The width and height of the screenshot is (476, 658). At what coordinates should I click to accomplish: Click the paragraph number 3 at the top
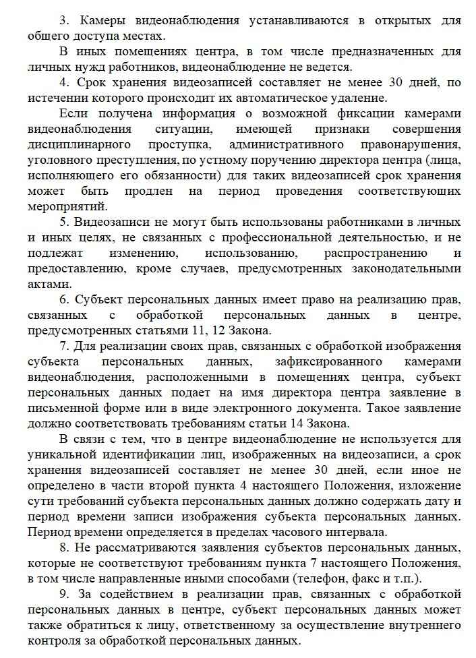pos(63,21)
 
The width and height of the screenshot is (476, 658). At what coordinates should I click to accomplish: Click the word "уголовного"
pos(61,160)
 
